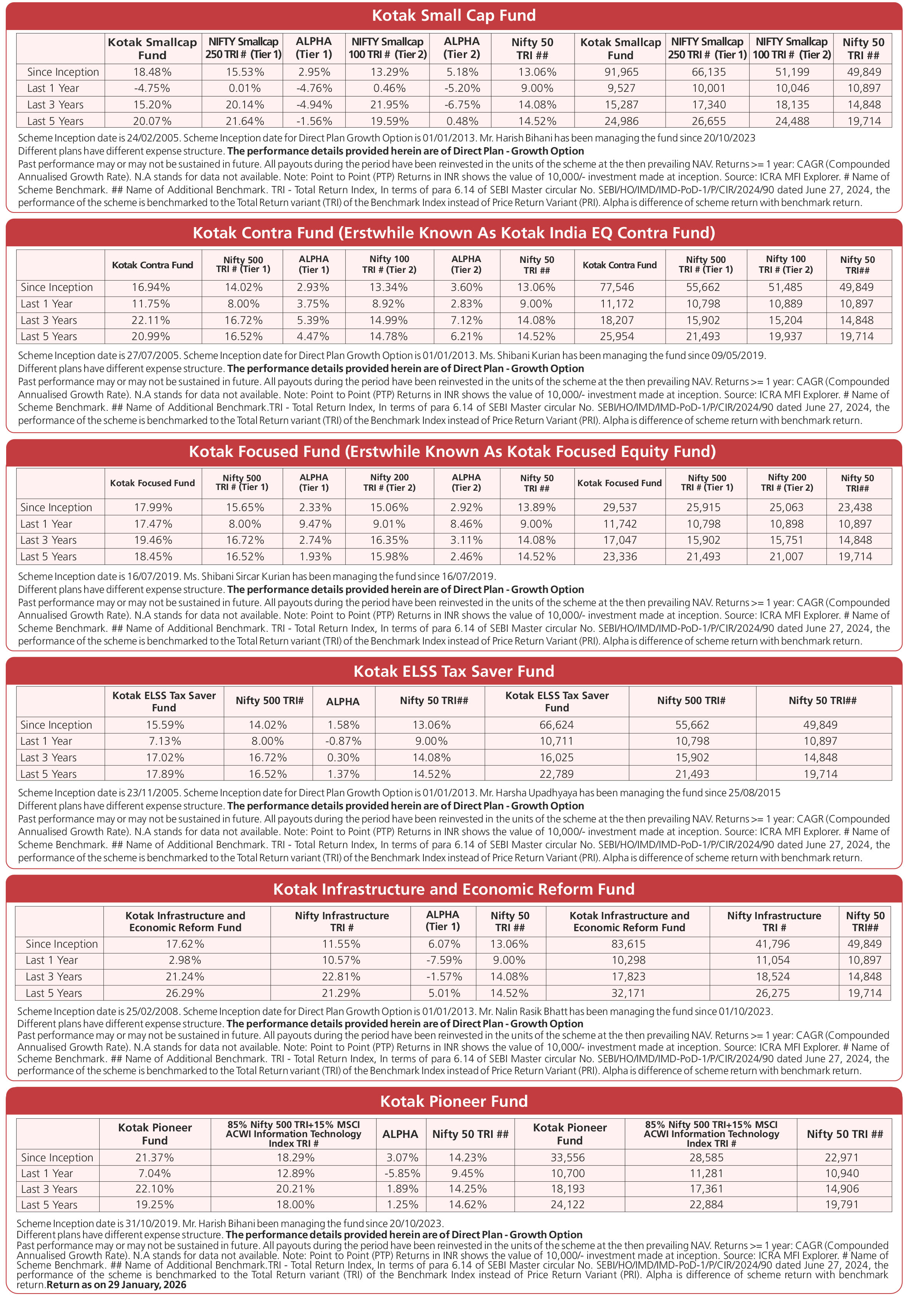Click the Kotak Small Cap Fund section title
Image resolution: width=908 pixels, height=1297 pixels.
(453, 15)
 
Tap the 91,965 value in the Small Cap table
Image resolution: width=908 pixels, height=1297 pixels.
(620, 72)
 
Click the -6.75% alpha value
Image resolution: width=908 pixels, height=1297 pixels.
(461, 105)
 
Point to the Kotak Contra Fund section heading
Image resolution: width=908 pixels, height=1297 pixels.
(453, 233)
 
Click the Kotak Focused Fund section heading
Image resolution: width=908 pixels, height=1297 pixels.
(452, 451)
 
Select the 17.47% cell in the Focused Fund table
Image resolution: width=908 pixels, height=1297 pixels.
(153, 524)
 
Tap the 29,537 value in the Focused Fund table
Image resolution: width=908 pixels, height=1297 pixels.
(620, 507)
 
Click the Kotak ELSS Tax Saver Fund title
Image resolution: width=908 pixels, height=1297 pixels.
(453, 671)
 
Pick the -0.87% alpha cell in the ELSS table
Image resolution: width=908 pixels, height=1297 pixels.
(343, 741)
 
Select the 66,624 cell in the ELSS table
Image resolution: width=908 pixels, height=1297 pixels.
(556, 725)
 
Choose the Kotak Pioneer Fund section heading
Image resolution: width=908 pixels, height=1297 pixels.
(453, 1101)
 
